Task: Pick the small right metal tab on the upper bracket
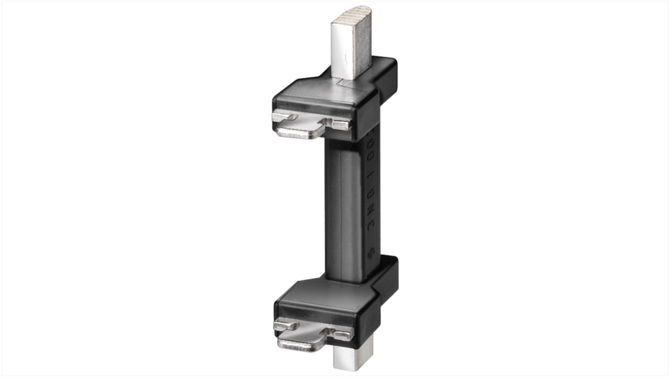tap(341, 124)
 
